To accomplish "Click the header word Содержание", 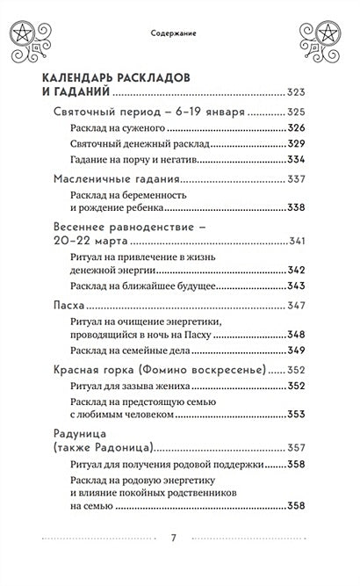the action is pos(179,34).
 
